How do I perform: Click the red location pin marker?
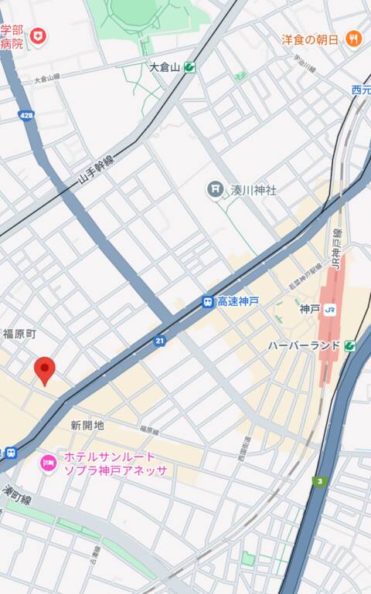[x=45, y=371]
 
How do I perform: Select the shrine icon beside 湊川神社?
[x=214, y=188]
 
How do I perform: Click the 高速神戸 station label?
[x=238, y=301]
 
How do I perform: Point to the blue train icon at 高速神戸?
[x=207, y=301]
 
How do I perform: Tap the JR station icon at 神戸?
[x=330, y=309]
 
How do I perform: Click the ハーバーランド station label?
[x=304, y=345]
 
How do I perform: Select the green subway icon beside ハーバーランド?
[x=350, y=345]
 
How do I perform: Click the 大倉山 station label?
[x=164, y=67]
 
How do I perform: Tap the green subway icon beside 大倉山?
[x=189, y=67]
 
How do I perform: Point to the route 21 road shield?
[x=159, y=341]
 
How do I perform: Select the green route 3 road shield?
[x=318, y=482]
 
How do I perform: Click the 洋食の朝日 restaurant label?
[x=309, y=39]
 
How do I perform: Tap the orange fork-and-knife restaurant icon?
[x=353, y=39]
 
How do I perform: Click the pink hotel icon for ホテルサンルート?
[x=47, y=463]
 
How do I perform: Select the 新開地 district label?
[x=87, y=425]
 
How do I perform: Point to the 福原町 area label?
[x=19, y=334]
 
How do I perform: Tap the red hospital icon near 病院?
[x=38, y=36]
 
